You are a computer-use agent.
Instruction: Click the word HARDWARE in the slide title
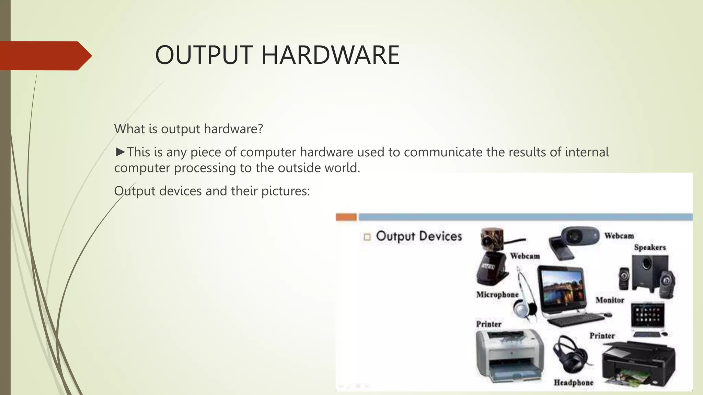click(x=330, y=55)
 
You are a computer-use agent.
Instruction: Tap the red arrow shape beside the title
click(x=45, y=56)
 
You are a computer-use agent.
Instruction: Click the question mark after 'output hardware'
click(x=260, y=129)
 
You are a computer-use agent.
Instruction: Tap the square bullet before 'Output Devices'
click(x=367, y=237)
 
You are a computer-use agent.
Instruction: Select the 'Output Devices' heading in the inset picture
click(x=419, y=236)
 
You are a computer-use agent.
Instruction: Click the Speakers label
click(x=649, y=247)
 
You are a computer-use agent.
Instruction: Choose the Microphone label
click(x=497, y=295)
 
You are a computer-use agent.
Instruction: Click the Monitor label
click(x=610, y=300)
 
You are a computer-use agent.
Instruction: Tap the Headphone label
click(x=573, y=382)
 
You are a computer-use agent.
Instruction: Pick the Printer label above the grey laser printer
click(x=488, y=324)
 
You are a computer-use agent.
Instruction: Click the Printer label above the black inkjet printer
click(x=602, y=336)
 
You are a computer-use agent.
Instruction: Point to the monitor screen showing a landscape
click(x=562, y=288)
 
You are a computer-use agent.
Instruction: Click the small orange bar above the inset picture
click(x=346, y=217)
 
